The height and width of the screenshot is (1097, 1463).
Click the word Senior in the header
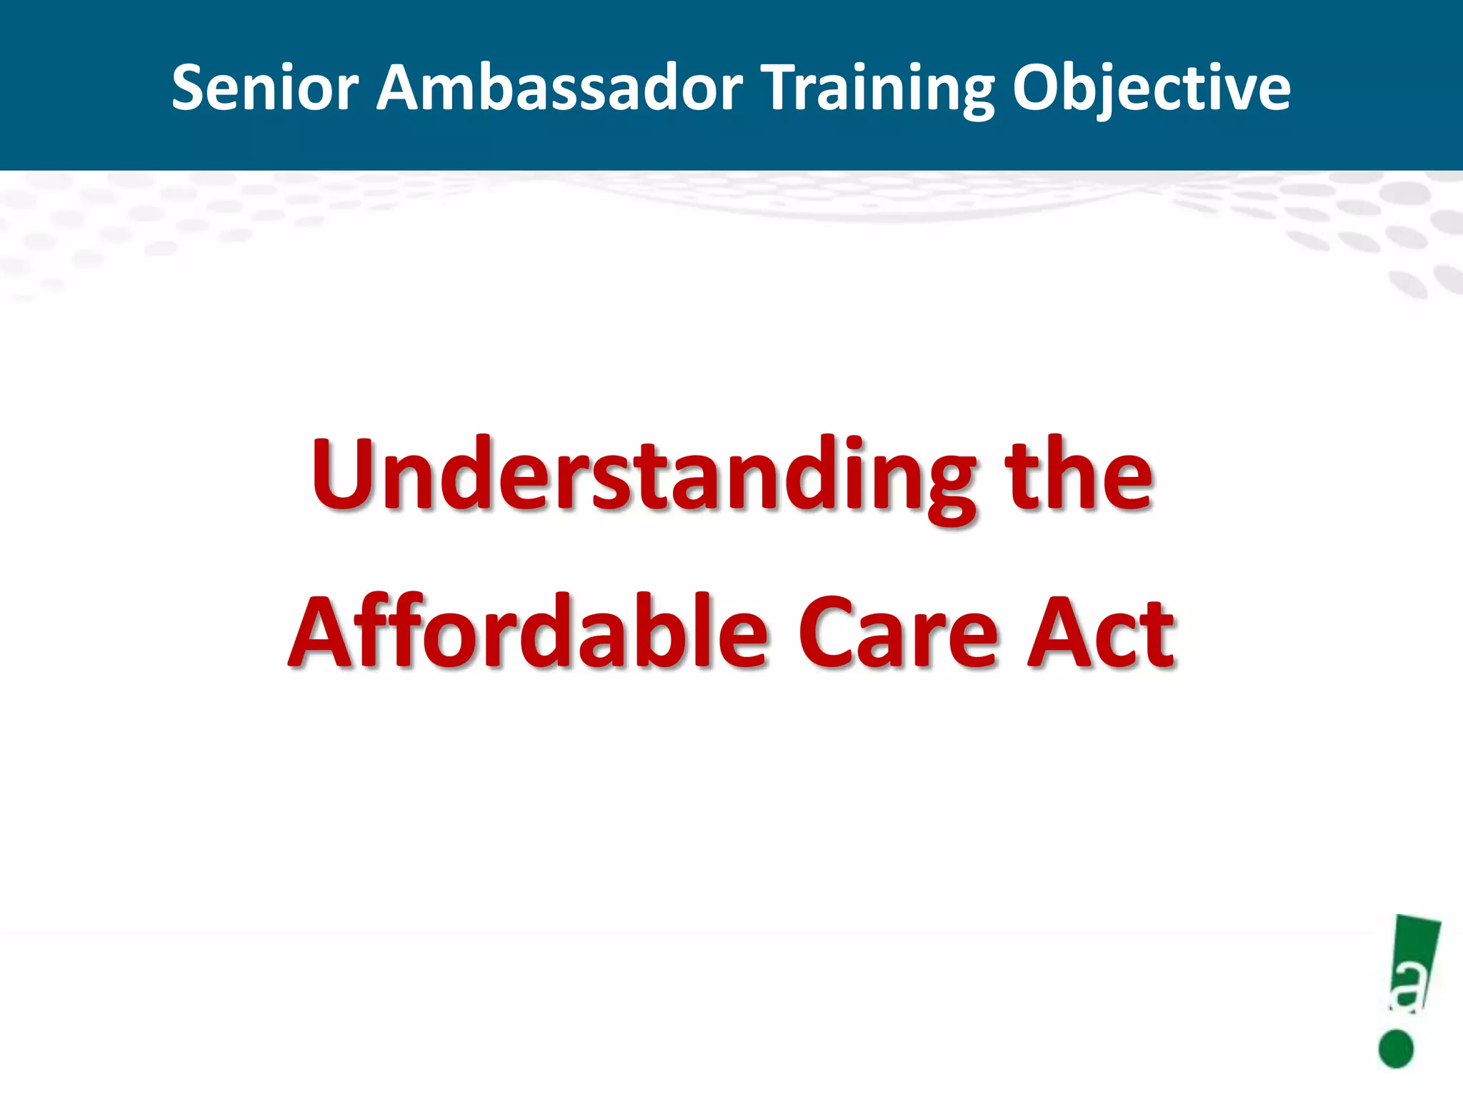click(x=265, y=88)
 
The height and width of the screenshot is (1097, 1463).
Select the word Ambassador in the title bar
click(x=559, y=88)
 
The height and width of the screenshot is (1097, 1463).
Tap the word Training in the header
click(x=879, y=88)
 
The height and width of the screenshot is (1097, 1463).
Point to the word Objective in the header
click(x=1151, y=88)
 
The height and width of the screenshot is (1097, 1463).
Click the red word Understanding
click(x=644, y=477)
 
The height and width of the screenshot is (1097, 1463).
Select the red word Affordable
click(x=529, y=633)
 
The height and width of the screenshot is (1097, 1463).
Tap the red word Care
click(x=898, y=633)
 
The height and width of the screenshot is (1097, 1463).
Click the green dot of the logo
click(x=1396, y=1048)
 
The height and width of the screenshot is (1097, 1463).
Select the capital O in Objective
click(x=1038, y=88)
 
